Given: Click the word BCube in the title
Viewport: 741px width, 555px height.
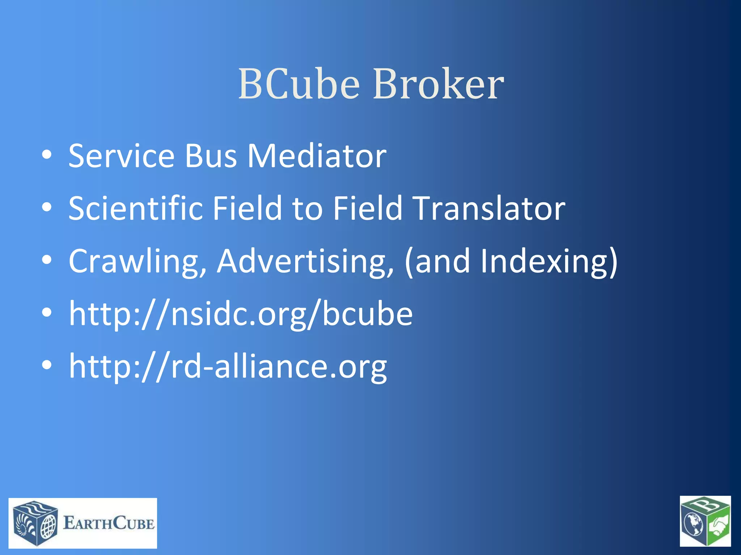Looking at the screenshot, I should [x=299, y=84].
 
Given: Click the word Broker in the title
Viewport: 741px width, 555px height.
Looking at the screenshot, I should [x=438, y=84].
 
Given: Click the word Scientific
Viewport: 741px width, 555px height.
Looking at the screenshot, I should [x=136, y=208].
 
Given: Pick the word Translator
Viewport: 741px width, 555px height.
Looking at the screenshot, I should [x=490, y=208].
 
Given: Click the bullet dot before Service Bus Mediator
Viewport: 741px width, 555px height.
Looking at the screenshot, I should [x=47, y=155].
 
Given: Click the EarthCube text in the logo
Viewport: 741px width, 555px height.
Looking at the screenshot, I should [x=109, y=523].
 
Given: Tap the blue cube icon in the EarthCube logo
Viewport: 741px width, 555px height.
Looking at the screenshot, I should [x=35, y=523].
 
